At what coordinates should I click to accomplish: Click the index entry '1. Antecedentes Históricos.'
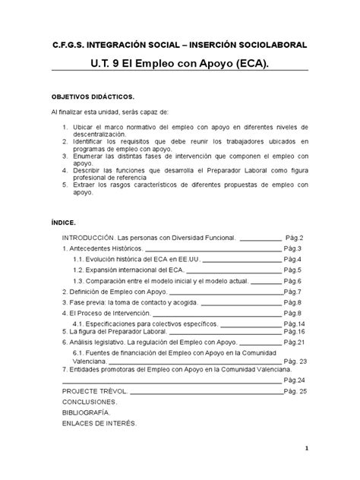click(x=103, y=249)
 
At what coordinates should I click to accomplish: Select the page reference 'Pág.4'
click(x=294, y=260)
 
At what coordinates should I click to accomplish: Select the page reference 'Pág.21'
click(x=294, y=343)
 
